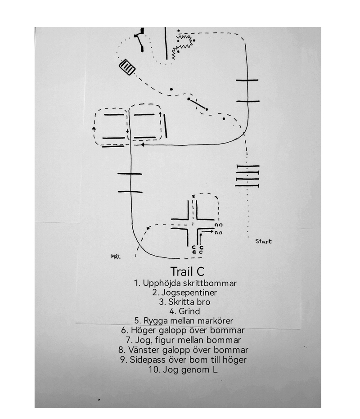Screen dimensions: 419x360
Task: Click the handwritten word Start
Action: (263, 242)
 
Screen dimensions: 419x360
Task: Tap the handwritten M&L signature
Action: (116, 257)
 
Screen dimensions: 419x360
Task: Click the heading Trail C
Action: (188, 272)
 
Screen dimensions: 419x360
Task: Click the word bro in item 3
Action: (202, 302)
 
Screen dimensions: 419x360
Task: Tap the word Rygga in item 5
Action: (156, 321)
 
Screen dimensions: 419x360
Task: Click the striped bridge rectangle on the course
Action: (127, 68)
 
